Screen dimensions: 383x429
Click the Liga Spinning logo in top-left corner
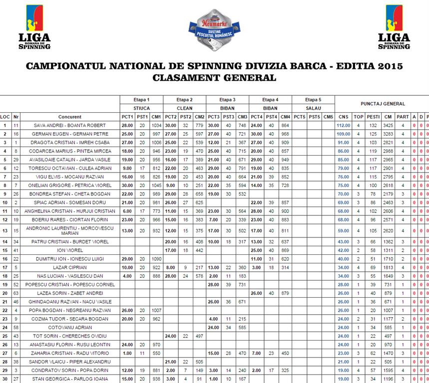tap(34, 27)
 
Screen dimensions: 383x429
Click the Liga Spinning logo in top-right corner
tap(394, 27)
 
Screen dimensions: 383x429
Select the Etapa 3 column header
tap(227, 99)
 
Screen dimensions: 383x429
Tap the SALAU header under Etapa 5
tap(313, 108)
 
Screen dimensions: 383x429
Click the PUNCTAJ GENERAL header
tap(383, 104)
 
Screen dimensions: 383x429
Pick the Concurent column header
tap(70, 117)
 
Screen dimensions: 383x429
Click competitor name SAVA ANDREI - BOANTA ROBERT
tap(70, 126)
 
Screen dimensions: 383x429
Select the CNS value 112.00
tap(344, 126)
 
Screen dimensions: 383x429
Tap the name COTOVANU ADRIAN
tap(70, 327)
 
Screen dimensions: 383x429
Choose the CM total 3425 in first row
tap(387, 126)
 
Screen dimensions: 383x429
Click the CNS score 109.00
tap(344, 134)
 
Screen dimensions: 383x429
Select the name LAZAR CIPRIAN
tap(70, 267)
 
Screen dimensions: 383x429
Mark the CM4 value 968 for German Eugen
tap(285, 134)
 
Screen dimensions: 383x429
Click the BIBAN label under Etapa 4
tap(270, 108)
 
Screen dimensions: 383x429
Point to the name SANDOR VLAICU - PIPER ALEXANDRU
tap(70, 362)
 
